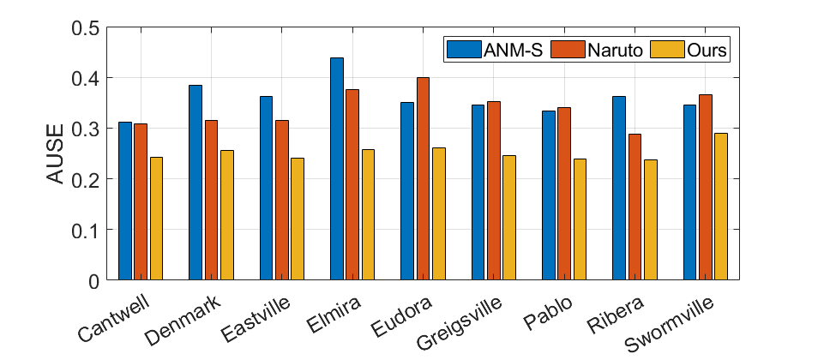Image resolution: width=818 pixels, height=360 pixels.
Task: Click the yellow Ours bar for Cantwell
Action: [156, 219]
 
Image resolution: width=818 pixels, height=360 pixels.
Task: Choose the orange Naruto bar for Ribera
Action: [635, 207]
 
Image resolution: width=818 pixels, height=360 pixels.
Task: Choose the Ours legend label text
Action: [707, 50]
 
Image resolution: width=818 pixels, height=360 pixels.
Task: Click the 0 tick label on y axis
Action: [93, 280]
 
